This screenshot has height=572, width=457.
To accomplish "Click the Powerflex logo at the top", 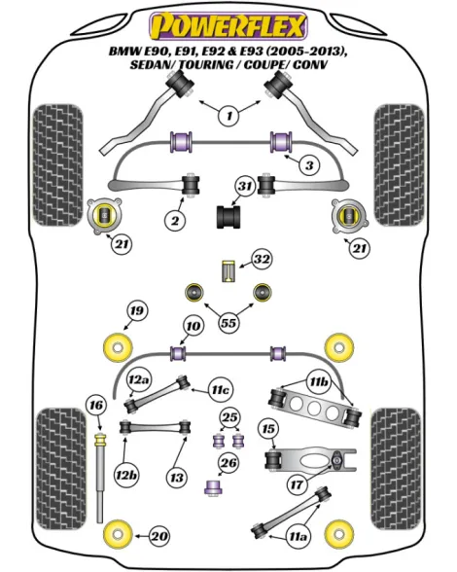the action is point(228,25).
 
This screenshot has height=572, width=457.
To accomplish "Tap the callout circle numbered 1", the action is point(229,116).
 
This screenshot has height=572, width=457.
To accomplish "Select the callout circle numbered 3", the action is point(309,165).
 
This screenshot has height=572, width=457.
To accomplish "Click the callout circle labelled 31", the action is point(245,187).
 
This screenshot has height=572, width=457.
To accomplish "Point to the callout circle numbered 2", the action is point(175,220).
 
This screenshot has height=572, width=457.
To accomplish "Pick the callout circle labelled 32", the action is point(262,259).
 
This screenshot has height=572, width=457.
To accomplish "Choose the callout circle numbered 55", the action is point(228,323).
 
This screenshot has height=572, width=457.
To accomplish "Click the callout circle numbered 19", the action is point(137,311).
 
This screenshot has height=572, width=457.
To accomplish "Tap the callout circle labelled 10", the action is point(193,326).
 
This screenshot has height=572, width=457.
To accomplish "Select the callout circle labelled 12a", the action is point(139,380).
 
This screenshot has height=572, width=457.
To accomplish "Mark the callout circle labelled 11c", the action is point(221,390).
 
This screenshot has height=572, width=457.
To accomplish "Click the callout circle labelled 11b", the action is point(318,382).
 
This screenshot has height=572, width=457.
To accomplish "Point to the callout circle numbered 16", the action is point(96,406).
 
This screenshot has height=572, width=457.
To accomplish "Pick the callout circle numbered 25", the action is point(229,417).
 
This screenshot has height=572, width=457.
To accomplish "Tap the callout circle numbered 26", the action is point(228,463).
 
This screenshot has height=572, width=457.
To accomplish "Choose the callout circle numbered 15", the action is point(268,429).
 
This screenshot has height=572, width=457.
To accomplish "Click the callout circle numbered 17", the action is point(297,484).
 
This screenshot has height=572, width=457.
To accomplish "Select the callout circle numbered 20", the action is point(159,536).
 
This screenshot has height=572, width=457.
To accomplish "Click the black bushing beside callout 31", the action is point(228,218).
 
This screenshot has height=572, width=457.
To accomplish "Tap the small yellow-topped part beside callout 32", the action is point(228,270).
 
